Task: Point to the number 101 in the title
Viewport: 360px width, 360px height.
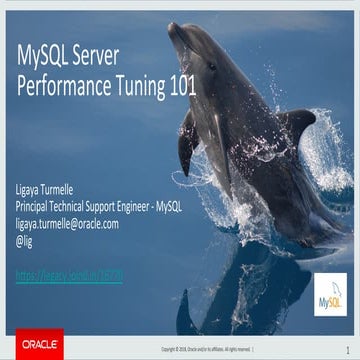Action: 180,86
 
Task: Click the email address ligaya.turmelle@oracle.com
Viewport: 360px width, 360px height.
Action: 67,224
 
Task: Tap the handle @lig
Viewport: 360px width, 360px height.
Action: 26,241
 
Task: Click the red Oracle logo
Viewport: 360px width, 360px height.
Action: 33,346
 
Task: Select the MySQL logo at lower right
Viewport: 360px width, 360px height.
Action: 330,296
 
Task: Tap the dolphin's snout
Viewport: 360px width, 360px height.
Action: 177,32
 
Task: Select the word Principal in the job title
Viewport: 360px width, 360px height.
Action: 37,207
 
